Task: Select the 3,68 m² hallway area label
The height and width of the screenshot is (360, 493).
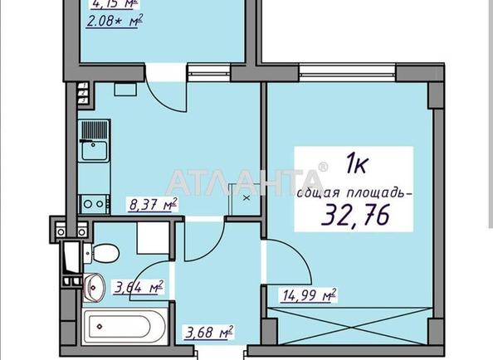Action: coord(212,333)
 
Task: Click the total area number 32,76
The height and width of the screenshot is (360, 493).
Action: coord(358,217)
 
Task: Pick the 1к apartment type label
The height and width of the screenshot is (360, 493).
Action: coord(355,164)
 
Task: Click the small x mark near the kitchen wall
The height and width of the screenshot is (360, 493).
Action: coord(245,198)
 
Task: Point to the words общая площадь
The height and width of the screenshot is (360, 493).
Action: coord(352,193)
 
